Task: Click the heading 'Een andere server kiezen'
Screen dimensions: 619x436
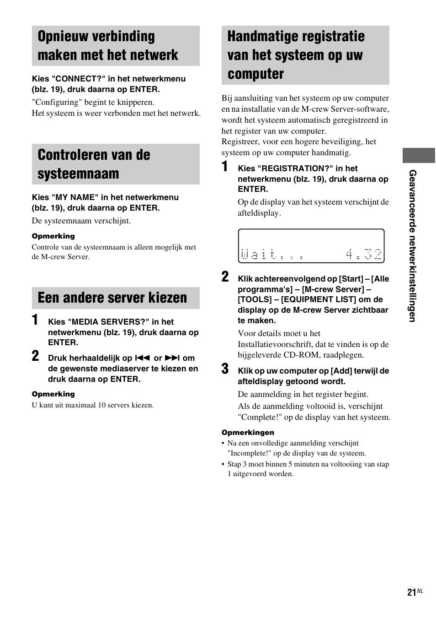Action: [x=112, y=298]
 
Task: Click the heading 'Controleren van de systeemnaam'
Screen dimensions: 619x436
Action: [x=94, y=164]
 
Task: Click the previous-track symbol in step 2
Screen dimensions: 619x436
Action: [x=143, y=358]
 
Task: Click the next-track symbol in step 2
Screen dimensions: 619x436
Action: [x=172, y=358]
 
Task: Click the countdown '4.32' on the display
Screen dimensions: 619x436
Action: [x=363, y=254]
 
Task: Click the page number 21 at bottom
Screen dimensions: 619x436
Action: [x=411, y=592]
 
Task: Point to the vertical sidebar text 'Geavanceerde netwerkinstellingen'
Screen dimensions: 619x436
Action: [x=413, y=246]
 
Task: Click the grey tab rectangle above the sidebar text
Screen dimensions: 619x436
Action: [x=419, y=156]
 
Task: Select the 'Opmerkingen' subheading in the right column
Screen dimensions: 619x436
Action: [x=248, y=433]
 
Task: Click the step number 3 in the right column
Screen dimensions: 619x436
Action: [x=225, y=369]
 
